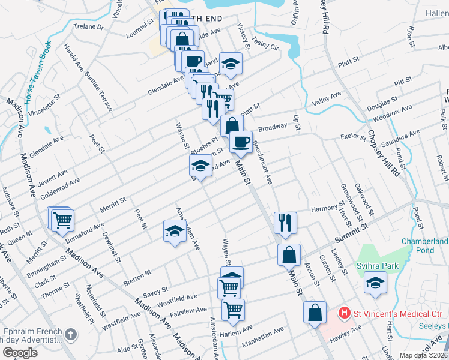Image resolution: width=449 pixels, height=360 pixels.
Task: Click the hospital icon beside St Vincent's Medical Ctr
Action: coord(345,313)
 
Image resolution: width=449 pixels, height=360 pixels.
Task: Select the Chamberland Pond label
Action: coord(424,245)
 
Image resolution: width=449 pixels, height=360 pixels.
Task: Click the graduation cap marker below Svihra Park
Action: coord(375,283)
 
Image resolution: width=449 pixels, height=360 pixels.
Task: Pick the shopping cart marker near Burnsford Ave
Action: coord(62,220)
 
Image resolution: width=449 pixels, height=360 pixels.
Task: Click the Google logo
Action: coord(20,353)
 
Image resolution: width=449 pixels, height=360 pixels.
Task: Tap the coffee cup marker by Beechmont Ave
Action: coord(241,142)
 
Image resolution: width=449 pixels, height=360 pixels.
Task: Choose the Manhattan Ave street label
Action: coord(262,338)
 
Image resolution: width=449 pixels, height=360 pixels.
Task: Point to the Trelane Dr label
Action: coord(88,28)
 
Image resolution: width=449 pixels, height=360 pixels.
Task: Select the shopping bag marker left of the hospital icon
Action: coord(315,312)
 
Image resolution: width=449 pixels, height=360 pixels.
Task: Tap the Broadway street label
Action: coord(273,128)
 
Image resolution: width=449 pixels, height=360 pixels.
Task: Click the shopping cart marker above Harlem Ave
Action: coord(233,310)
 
